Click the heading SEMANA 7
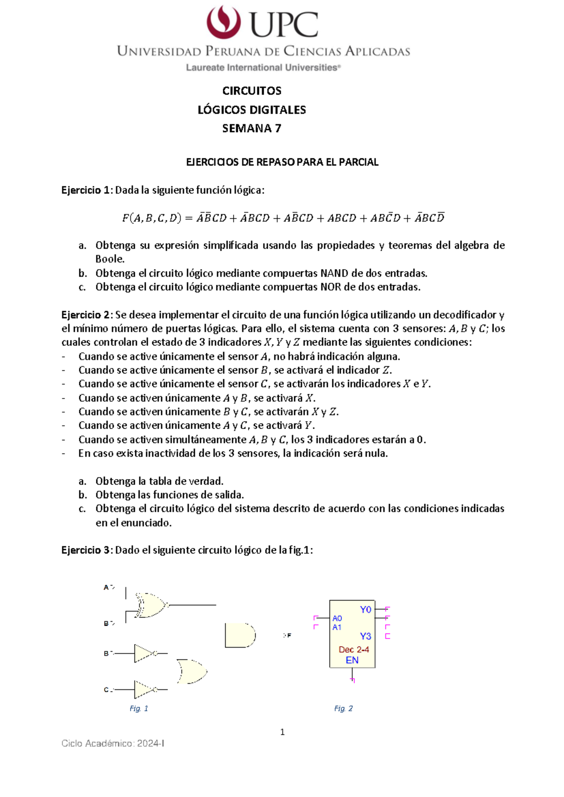click(x=251, y=128)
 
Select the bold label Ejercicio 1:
click(x=87, y=190)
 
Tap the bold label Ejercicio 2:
click(x=87, y=315)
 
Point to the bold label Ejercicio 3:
click(x=87, y=550)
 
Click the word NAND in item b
click(x=334, y=273)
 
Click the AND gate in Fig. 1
click(x=240, y=636)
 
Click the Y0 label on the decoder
click(x=365, y=609)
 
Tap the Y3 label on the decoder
click(x=365, y=636)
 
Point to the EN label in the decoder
click(x=352, y=660)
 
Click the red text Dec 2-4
click(x=353, y=649)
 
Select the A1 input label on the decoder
click(x=337, y=627)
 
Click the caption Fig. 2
click(x=343, y=709)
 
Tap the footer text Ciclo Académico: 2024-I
click(x=113, y=743)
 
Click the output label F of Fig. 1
click(x=289, y=635)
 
